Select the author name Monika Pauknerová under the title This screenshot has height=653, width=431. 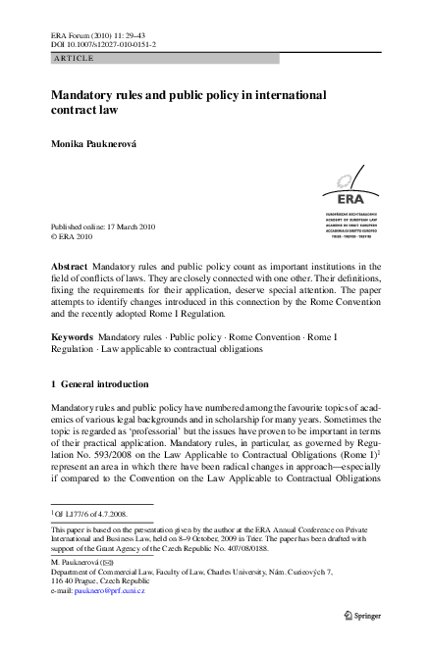click(101, 144)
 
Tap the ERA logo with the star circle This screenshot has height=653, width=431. click(351, 184)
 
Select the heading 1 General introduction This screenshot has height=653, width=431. click(99, 384)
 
